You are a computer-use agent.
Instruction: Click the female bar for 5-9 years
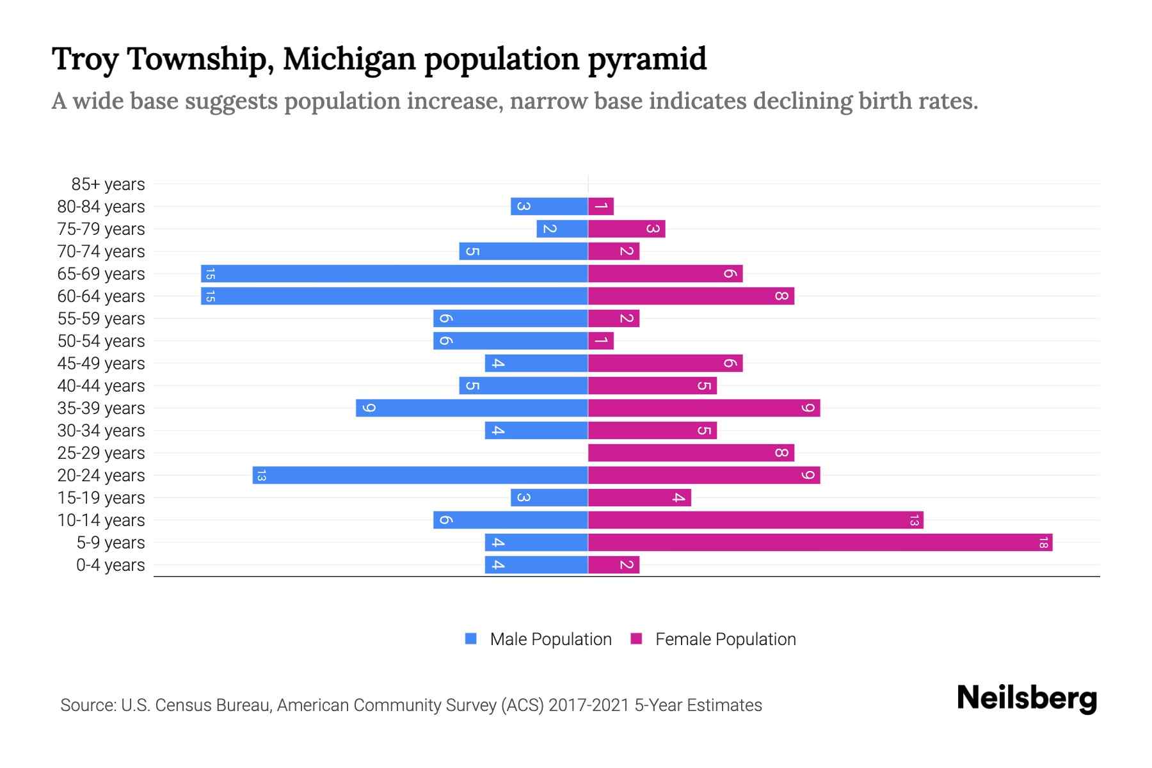coord(819,543)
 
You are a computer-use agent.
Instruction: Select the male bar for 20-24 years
coord(420,476)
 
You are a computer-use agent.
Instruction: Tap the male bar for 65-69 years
coord(394,274)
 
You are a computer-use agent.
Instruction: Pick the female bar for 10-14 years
coord(755,520)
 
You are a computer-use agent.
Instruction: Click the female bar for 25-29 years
coord(691,453)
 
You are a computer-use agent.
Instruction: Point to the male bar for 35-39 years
coord(472,408)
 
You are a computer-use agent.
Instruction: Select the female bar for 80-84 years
coord(601,207)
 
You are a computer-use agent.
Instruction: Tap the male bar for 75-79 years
coord(562,229)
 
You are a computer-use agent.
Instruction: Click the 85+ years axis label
coord(108,184)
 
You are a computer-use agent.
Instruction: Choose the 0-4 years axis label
coord(110,565)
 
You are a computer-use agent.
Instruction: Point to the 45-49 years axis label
coord(101,364)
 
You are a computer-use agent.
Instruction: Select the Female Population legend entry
coord(714,639)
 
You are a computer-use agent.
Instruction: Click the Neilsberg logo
coord(1027,698)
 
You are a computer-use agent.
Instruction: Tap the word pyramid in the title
coord(647,59)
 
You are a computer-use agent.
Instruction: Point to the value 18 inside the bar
coord(1043,543)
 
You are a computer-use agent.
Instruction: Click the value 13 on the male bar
coord(261,476)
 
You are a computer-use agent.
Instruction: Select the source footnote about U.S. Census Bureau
coord(411,705)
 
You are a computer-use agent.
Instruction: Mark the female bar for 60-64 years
coord(691,296)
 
